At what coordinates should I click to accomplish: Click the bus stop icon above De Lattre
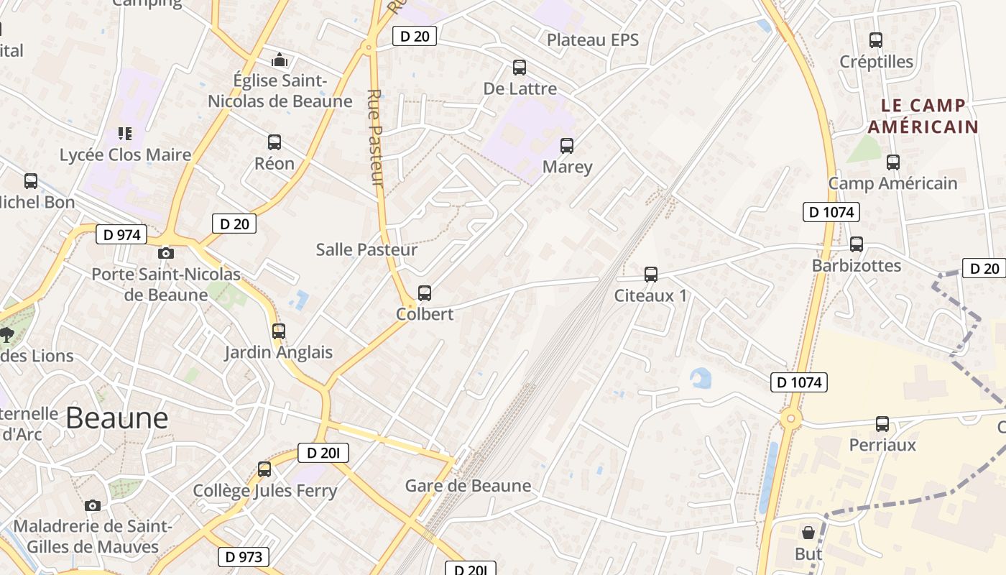pyautogui.click(x=519, y=68)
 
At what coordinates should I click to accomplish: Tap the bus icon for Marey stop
pyautogui.click(x=567, y=146)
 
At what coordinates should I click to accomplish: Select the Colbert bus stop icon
pyautogui.click(x=425, y=293)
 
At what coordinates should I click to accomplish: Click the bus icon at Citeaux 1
pyautogui.click(x=651, y=274)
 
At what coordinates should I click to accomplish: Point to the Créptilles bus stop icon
pyautogui.click(x=875, y=40)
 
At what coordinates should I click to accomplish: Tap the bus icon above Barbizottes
pyautogui.click(x=856, y=244)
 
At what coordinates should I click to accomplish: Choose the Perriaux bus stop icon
pyautogui.click(x=882, y=424)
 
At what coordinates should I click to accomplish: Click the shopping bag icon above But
pyautogui.click(x=808, y=533)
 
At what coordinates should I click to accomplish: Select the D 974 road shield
pyautogui.click(x=121, y=234)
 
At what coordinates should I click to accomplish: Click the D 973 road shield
pyautogui.click(x=244, y=557)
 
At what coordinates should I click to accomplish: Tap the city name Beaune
pyautogui.click(x=116, y=418)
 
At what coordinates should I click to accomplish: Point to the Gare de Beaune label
pyautogui.click(x=469, y=486)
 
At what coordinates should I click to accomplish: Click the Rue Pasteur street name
pyautogui.click(x=376, y=138)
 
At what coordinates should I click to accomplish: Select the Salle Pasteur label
pyautogui.click(x=366, y=249)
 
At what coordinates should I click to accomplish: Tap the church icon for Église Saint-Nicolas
pyautogui.click(x=280, y=60)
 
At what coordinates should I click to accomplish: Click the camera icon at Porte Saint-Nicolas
pyautogui.click(x=166, y=253)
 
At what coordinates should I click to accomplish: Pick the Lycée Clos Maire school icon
pyautogui.click(x=125, y=134)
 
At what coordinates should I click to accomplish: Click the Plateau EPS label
pyautogui.click(x=593, y=40)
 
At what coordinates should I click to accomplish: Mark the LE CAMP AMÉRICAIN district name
pyautogui.click(x=923, y=116)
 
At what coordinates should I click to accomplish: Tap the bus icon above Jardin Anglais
pyautogui.click(x=279, y=331)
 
